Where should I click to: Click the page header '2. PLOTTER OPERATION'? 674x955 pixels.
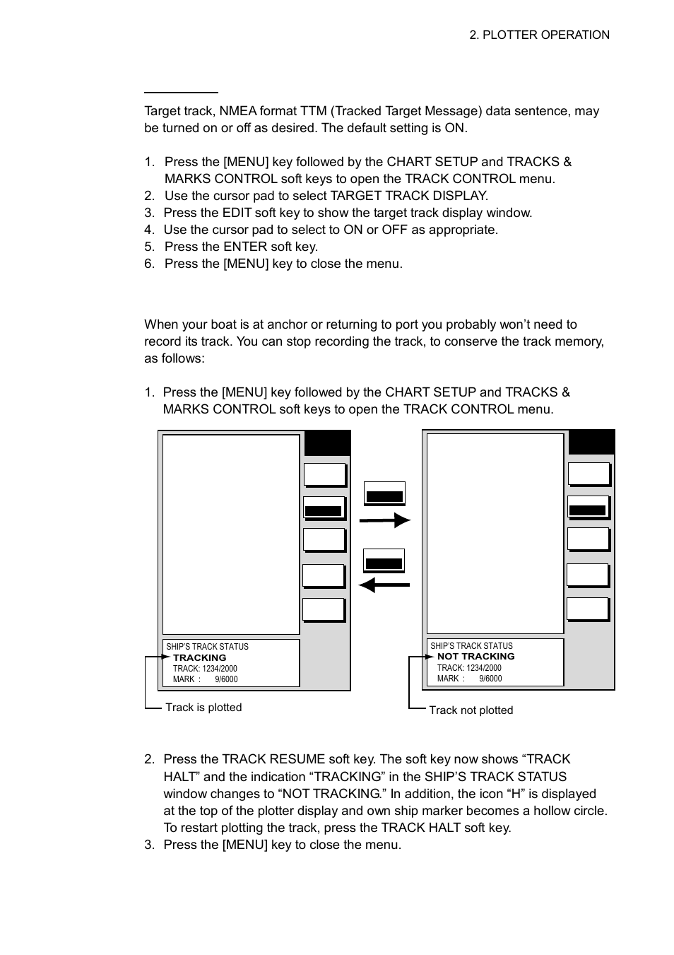tap(539, 35)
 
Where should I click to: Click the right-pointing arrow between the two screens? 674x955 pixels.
tap(384, 521)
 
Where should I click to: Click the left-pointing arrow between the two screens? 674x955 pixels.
tap(384, 585)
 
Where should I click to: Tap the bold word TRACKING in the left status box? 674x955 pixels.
tap(199, 657)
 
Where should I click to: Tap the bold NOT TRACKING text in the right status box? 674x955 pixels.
tap(475, 656)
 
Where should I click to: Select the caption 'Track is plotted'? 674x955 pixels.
tap(203, 708)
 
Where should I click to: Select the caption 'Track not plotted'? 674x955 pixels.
tap(471, 710)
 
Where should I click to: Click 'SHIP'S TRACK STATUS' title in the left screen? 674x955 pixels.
tap(207, 646)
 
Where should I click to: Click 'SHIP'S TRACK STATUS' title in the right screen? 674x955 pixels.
tap(471, 645)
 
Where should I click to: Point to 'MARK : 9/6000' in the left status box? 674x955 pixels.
tap(205, 679)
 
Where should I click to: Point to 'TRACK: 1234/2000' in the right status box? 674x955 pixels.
tap(469, 667)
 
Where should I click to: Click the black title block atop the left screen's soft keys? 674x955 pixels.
tap(327, 443)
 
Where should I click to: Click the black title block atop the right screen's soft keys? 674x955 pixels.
tap(591, 443)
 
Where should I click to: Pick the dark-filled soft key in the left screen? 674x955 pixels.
tap(324, 509)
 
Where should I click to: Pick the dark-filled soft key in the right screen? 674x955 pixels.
tap(588, 508)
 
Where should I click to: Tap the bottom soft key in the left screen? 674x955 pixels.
tap(324, 610)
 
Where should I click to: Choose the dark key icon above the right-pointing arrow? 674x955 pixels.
tap(384, 494)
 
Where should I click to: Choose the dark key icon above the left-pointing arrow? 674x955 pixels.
tap(384, 561)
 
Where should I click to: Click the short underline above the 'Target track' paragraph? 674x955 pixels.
tap(181, 92)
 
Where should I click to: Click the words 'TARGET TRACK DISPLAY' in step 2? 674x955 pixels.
tap(408, 196)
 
